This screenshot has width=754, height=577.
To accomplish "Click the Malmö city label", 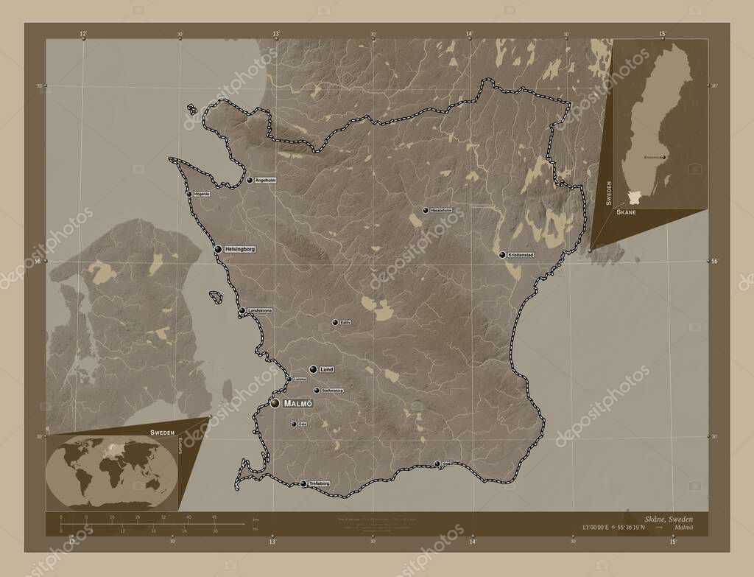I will click(298, 403).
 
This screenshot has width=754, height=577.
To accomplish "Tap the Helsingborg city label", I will click(240, 249).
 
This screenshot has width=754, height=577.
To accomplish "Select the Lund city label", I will click(328, 368).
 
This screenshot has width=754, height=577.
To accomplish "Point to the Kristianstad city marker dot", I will click(502, 255).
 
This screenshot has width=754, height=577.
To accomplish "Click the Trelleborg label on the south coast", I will click(320, 483).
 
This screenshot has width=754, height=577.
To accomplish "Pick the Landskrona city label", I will click(260, 311).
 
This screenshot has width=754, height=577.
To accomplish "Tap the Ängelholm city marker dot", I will click(250, 180).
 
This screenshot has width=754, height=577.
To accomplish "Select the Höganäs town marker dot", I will click(189, 194).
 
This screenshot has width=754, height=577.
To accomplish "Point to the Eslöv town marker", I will click(334, 323).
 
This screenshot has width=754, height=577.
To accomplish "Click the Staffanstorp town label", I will click(334, 390).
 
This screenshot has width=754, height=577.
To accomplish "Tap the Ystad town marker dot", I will click(437, 464).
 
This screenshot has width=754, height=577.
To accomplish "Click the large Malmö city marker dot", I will click(275, 403).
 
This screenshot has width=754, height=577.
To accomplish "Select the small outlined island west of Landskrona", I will click(216, 297).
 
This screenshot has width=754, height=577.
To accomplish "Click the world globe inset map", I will click(111, 472).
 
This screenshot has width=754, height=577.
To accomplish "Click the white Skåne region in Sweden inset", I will click(635, 197).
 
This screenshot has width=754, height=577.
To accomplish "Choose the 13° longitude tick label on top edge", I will click(276, 34).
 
